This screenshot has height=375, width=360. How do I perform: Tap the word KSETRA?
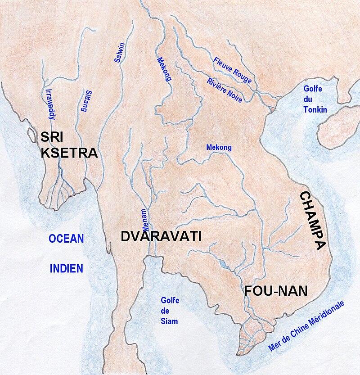(69, 153)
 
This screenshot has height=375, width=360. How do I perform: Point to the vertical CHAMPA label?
(312, 220)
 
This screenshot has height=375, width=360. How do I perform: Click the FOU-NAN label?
(276, 291)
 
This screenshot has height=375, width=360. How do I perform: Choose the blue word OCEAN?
(67, 239)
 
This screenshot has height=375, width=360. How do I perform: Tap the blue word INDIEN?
(66, 268)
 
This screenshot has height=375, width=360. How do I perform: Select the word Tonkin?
(315, 110)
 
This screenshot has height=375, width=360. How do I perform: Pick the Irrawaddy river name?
(50, 104)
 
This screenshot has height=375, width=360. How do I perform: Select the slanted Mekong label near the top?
(164, 69)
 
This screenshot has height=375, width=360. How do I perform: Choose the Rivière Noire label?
(224, 90)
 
